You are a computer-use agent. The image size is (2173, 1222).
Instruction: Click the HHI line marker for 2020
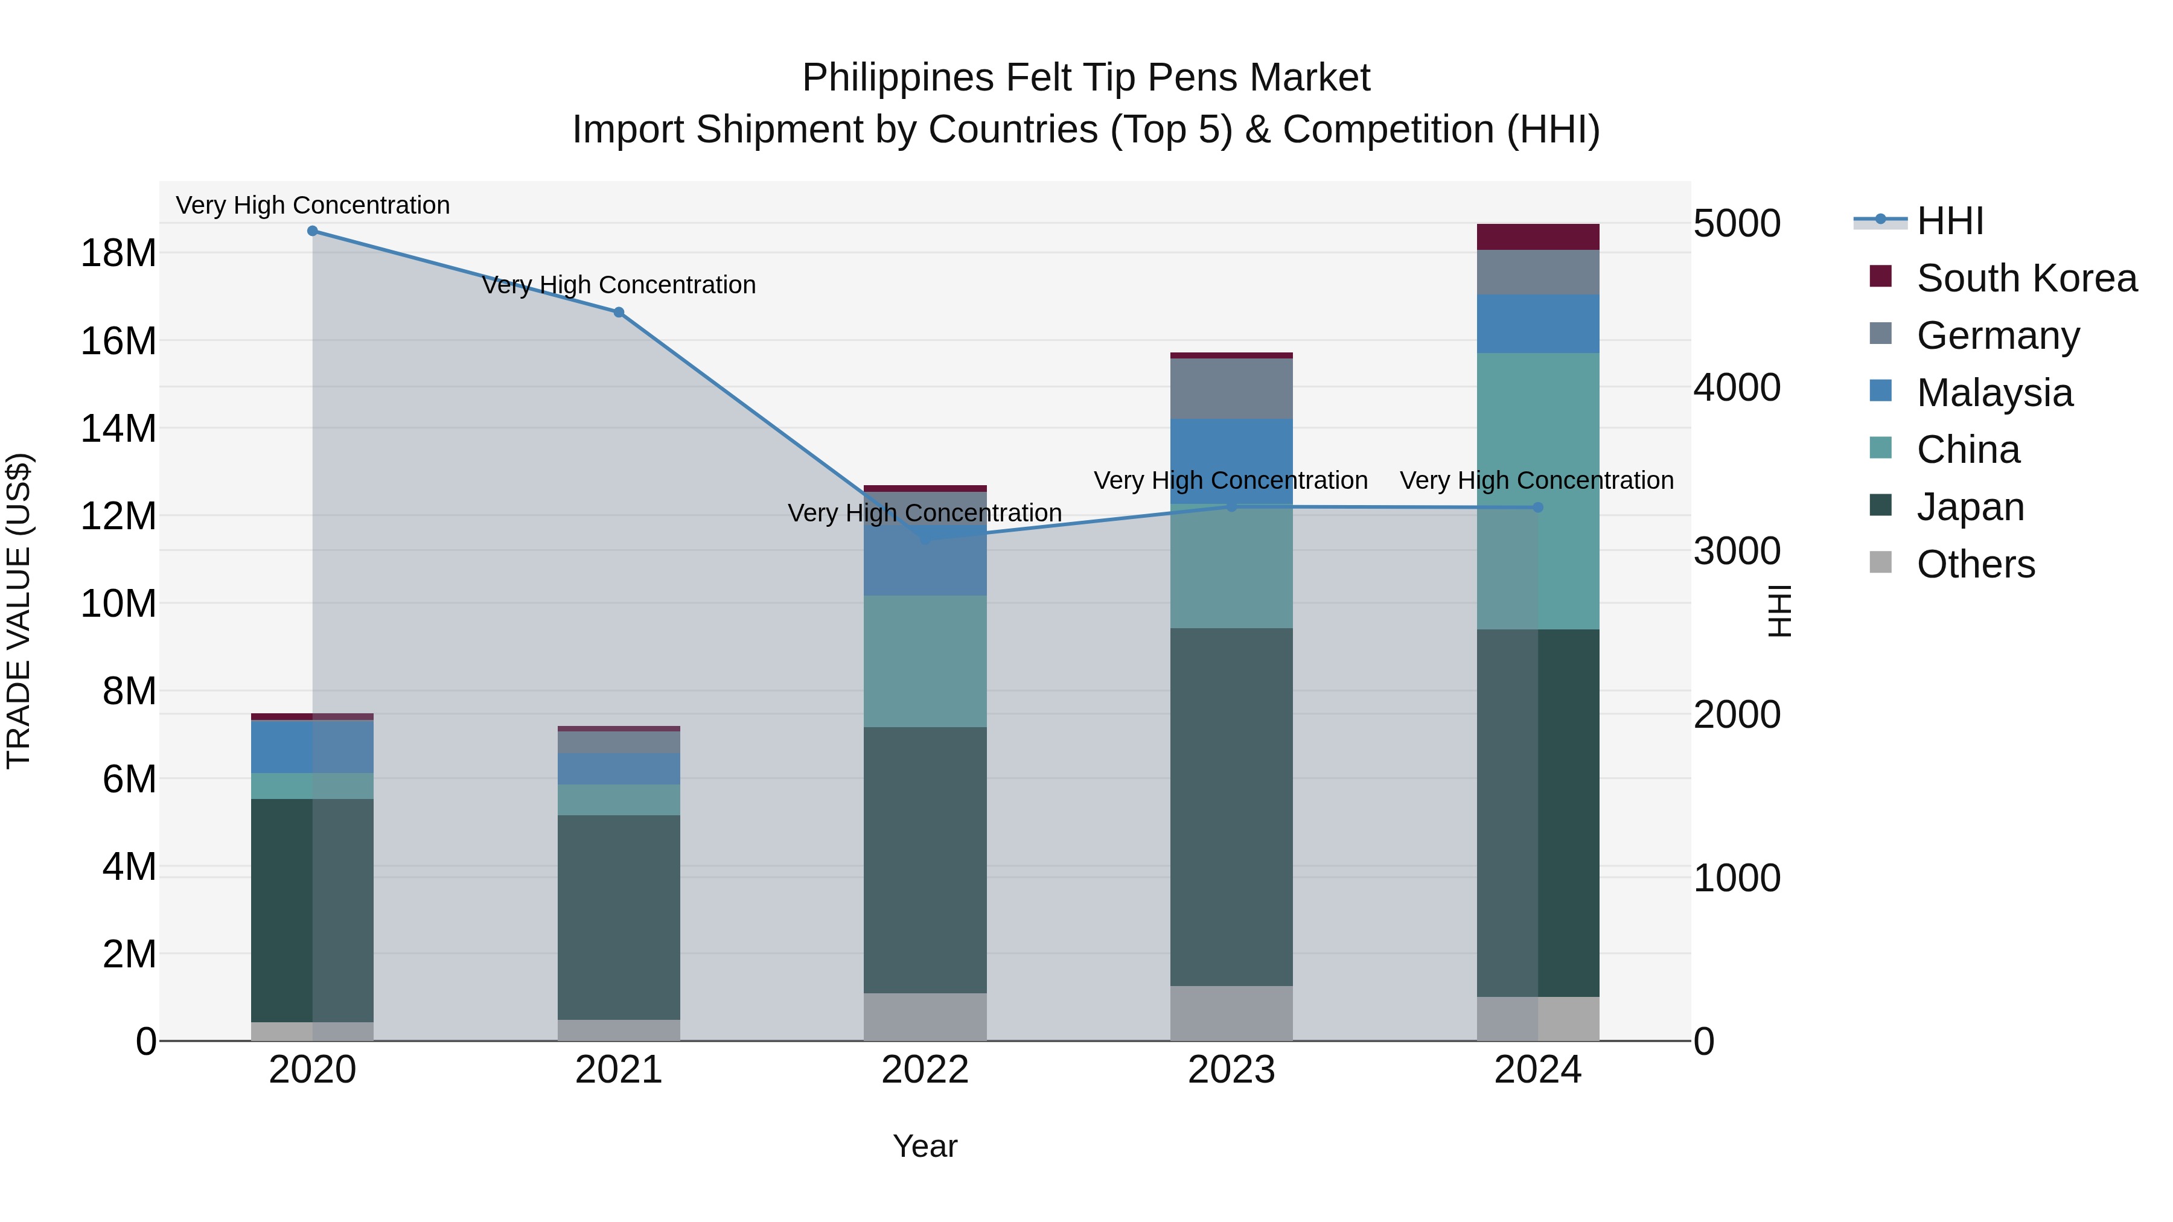[312, 231]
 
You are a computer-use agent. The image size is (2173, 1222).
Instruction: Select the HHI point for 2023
[1231, 507]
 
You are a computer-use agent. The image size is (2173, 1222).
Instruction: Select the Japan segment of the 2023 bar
[1231, 806]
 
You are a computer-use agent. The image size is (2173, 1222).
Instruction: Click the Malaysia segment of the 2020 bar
[312, 747]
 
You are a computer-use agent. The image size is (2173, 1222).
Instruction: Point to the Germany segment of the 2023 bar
[1231, 389]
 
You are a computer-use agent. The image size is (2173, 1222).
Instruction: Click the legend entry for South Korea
[2026, 278]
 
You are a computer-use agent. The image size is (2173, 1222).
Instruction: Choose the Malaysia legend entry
[1994, 393]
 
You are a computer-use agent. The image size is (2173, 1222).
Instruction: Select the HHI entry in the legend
[1950, 221]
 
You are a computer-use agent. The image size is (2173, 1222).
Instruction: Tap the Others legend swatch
[1880, 562]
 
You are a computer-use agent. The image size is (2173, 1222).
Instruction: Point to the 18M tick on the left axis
[118, 253]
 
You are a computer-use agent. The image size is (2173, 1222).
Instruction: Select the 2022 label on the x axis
[925, 1070]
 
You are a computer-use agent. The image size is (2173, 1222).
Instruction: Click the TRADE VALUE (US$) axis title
[19, 611]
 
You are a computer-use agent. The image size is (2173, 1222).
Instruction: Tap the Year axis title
[925, 1146]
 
